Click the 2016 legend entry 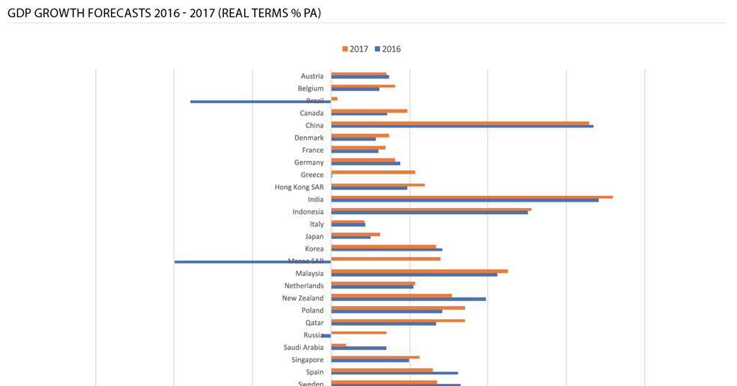(387, 49)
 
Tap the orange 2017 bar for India (471, 197)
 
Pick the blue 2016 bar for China (462, 126)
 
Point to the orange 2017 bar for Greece (373, 172)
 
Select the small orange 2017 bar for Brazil (334, 98)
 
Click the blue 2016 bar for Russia (326, 336)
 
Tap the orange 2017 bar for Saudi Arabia (338, 345)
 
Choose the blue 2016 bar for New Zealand (408, 299)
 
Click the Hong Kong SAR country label (299, 187)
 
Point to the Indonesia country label (308, 212)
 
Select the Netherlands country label (304, 286)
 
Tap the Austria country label (312, 76)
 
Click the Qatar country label (315, 323)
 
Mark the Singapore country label (307, 360)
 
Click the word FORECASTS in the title (114, 13)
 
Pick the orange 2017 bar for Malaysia (419, 271)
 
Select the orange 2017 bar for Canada (369, 111)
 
